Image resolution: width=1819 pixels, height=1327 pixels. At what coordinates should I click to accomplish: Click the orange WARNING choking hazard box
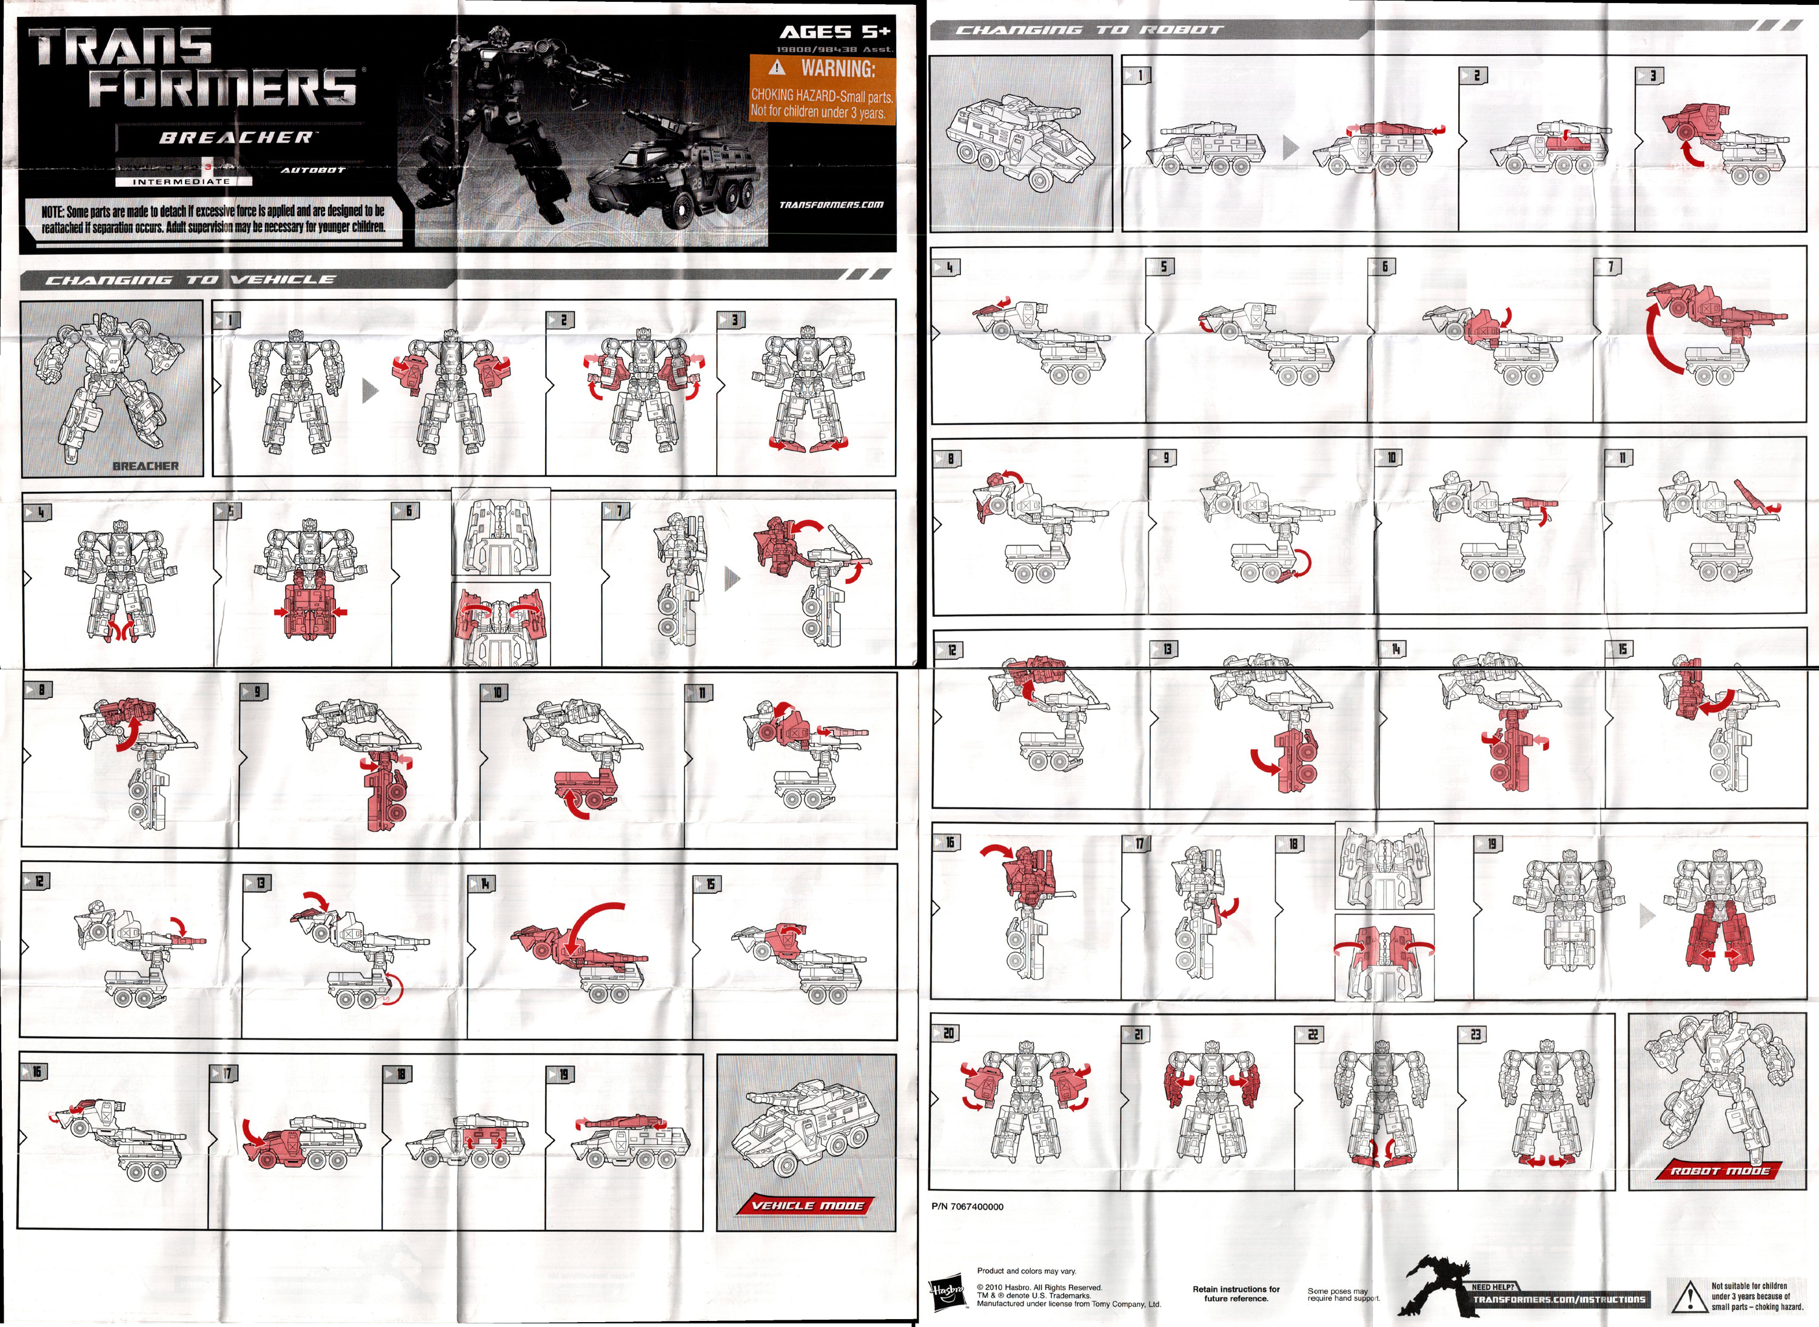pyautogui.click(x=821, y=89)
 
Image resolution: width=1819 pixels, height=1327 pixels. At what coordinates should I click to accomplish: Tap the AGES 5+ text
pyautogui.click(x=834, y=32)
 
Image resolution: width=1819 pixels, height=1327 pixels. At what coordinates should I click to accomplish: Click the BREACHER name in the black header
pyautogui.click(x=235, y=137)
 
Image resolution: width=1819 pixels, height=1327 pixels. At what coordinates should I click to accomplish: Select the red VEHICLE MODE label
pyautogui.click(x=806, y=1205)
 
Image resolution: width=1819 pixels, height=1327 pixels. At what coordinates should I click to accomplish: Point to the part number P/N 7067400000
pyautogui.click(x=968, y=1206)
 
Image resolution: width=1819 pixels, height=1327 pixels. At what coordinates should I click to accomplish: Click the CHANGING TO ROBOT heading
pyautogui.click(x=1089, y=30)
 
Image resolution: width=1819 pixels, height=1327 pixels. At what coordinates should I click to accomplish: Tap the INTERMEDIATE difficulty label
pyautogui.click(x=181, y=181)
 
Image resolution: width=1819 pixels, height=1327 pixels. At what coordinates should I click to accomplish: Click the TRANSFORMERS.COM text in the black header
pyautogui.click(x=831, y=204)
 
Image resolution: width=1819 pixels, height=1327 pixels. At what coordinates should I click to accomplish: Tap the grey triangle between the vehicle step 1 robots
pyautogui.click(x=370, y=391)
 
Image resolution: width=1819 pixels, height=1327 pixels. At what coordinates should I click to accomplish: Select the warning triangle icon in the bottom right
pyautogui.click(x=1688, y=1295)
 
